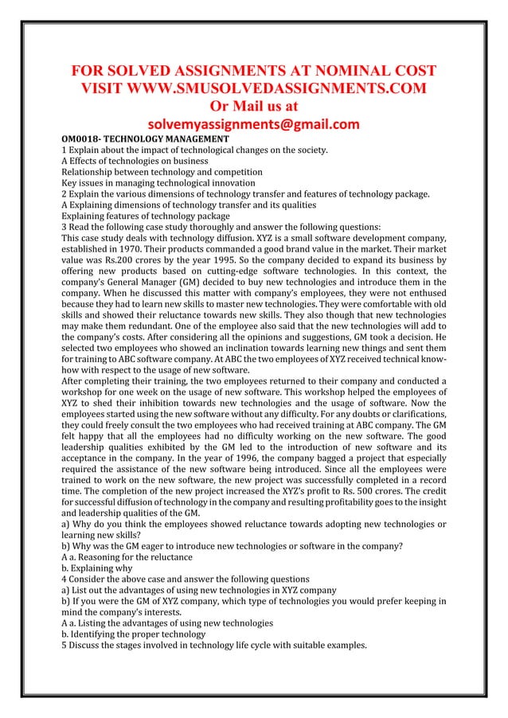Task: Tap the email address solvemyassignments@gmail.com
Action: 254,124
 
